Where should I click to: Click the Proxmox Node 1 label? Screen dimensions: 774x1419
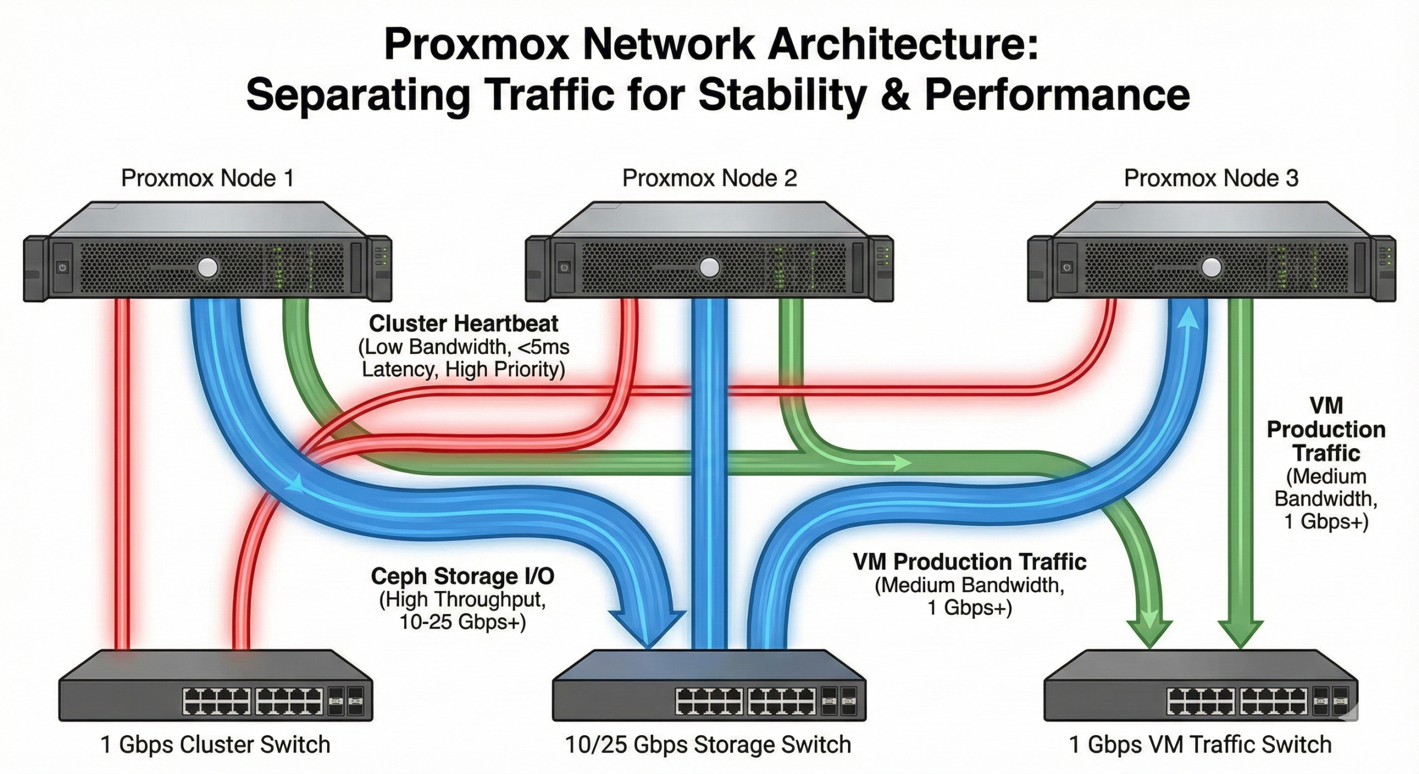pyautogui.click(x=207, y=179)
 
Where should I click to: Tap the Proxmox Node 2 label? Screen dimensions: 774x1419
pyautogui.click(x=709, y=179)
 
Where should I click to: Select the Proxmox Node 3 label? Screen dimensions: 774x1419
pyautogui.click(x=1211, y=179)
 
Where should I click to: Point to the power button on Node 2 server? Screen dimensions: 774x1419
pyautogui.click(x=564, y=268)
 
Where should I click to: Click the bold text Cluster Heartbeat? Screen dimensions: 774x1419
pyautogui.click(x=463, y=323)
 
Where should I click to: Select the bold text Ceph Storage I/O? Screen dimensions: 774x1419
pyautogui.click(x=462, y=576)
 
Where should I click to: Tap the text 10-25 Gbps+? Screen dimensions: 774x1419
pyautogui.click(x=462, y=622)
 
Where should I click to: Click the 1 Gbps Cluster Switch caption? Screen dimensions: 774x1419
pyautogui.click(x=215, y=745)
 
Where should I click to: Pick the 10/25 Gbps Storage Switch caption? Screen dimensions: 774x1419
pyautogui.click(x=708, y=745)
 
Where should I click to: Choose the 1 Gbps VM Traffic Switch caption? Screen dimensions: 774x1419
pyautogui.click(x=1199, y=745)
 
